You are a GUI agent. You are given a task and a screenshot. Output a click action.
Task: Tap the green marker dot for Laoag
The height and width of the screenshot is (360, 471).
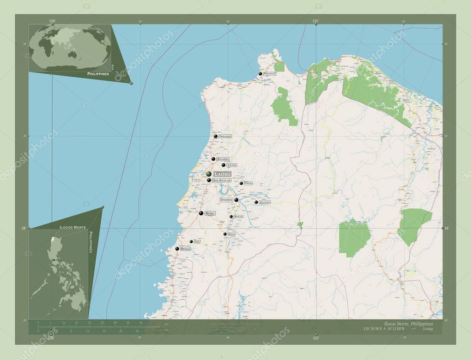[x=209, y=174]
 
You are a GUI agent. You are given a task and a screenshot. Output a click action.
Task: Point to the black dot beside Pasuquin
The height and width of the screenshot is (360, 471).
[x=215, y=136]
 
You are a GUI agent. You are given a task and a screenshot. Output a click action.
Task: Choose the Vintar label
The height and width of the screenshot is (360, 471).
[x=232, y=165]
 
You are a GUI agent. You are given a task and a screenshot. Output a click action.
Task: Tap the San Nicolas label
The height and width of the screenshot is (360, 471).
[x=221, y=181]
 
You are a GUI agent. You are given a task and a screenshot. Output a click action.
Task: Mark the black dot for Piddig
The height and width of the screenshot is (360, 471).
[x=241, y=183]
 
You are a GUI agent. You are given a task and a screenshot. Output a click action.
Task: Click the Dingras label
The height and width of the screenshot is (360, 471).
[x=226, y=200]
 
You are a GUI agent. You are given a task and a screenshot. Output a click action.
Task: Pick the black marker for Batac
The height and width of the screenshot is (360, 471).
[x=201, y=213]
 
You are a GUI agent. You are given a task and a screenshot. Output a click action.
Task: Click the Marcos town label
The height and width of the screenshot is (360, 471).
[x=238, y=217]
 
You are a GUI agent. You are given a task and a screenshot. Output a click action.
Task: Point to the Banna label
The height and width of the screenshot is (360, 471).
[x=232, y=234]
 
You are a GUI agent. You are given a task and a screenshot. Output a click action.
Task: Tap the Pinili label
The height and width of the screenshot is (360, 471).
[x=197, y=241]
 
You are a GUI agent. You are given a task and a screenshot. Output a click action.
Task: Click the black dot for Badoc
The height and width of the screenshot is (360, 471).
[x=177, y=249]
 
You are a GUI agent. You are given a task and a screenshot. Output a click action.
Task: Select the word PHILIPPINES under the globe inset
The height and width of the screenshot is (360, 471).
[x=98, y=74]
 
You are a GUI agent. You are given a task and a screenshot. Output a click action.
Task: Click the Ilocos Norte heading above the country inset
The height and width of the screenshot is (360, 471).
[x=72, y=228]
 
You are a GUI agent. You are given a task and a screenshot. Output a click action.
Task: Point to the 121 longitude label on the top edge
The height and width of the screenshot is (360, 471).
[x=316, y=21]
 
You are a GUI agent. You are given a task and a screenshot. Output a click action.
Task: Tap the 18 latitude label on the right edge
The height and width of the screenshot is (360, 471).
[x=447, y=228]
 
